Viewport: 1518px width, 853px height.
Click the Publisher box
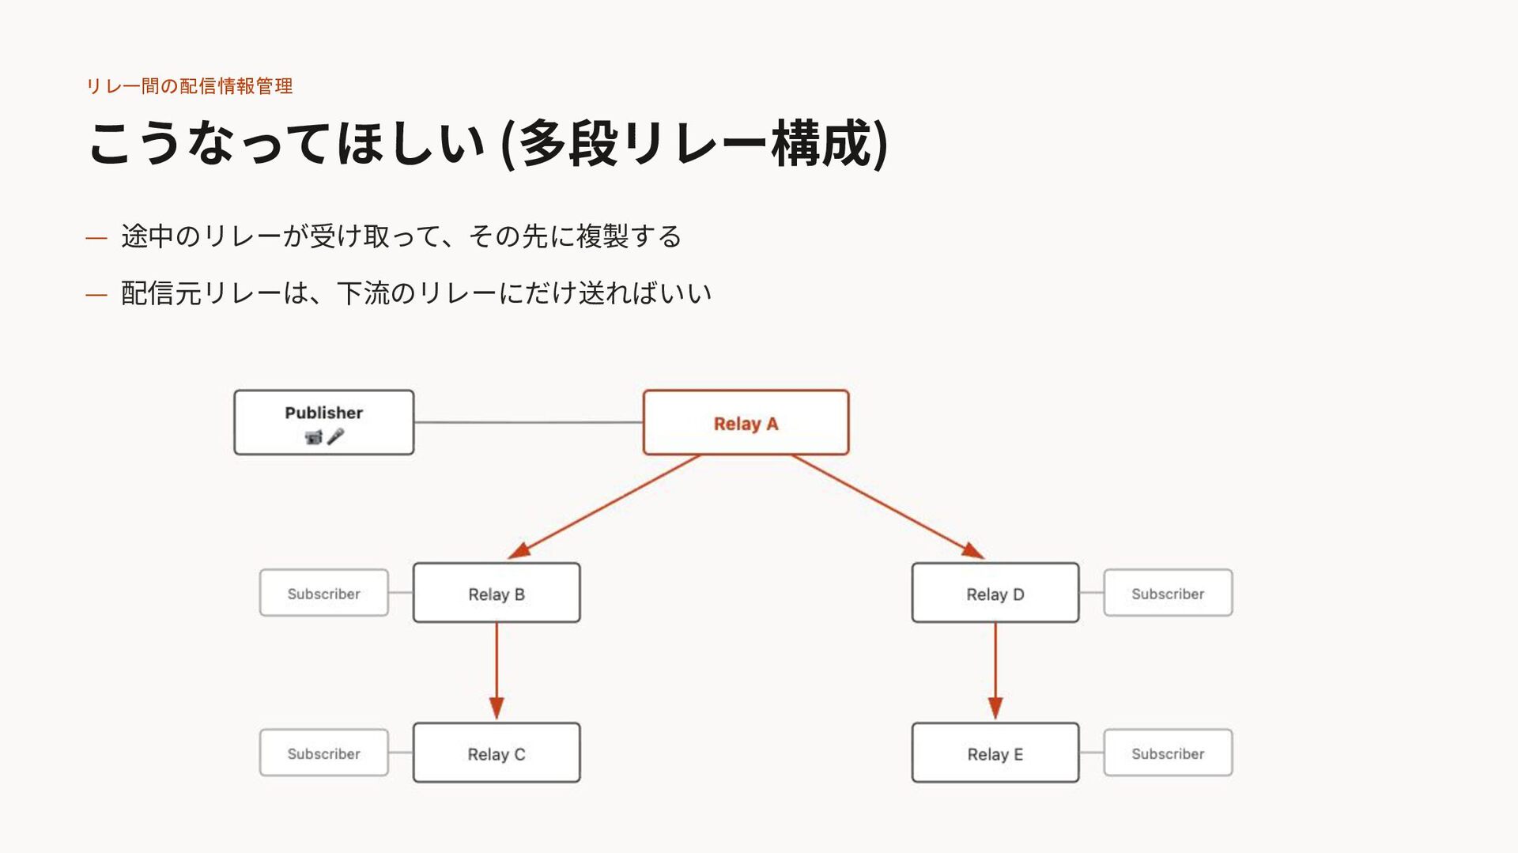(x=323, y=422)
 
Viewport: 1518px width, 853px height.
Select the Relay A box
(x=746, y=422)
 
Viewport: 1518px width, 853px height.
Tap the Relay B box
(x=497, y=593)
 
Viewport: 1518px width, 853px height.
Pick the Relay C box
(x=497, y=753)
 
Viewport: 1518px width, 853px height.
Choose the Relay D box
(x=995, y=593)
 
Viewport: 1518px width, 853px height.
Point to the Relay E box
(x=995, y=753)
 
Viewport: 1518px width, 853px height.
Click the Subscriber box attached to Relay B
(x=324, y=593)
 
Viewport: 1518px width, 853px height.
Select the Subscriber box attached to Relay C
(x=324, y=753)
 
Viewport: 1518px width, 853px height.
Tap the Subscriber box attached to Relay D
(x=1168, y=593)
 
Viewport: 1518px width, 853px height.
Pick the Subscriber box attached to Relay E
(x=1168, y=753)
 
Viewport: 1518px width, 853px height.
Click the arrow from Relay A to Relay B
(x=604, y=507)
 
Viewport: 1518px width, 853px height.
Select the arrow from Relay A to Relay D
(x=888, y=507)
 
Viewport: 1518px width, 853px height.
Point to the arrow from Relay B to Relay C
(x=497, y=671)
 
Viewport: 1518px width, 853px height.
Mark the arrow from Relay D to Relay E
(x=995, y=671)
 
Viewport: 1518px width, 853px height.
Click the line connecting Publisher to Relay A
(x=528, y=422)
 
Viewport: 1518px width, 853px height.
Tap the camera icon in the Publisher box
(x=314, y=437)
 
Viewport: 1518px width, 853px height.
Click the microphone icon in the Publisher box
(x=335, y=436)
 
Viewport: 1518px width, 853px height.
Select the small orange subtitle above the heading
(x=190, y=86)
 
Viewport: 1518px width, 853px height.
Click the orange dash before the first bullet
(x=96, y=237)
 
